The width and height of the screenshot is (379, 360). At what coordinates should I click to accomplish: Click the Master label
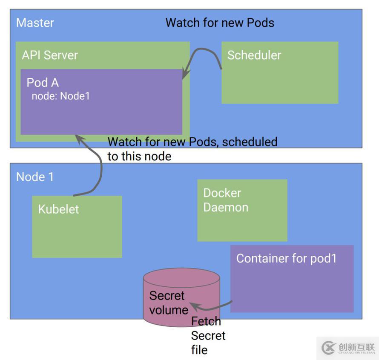pos(35,23)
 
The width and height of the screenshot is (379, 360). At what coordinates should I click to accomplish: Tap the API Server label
pos(50,55)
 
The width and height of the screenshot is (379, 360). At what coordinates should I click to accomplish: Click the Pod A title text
pos(43,82)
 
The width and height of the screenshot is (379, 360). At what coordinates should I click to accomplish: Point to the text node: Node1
pos(61,96)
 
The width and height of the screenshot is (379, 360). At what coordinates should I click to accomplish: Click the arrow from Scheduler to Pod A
pos(200,53)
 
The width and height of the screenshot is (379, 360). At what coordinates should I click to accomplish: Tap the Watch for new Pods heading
pos(220,23)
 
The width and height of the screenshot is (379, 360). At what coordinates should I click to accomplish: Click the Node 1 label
pos(35,177)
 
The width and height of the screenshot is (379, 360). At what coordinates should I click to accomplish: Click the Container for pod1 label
pos(286,258)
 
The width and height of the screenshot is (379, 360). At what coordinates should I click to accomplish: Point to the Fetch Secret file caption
pos(208,335)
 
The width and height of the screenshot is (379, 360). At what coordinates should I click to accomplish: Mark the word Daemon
pos(225,207)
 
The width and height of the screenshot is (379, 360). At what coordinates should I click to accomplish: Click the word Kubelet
pos(58,209)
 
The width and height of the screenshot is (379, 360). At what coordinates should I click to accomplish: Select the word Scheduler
pos(254,55)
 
